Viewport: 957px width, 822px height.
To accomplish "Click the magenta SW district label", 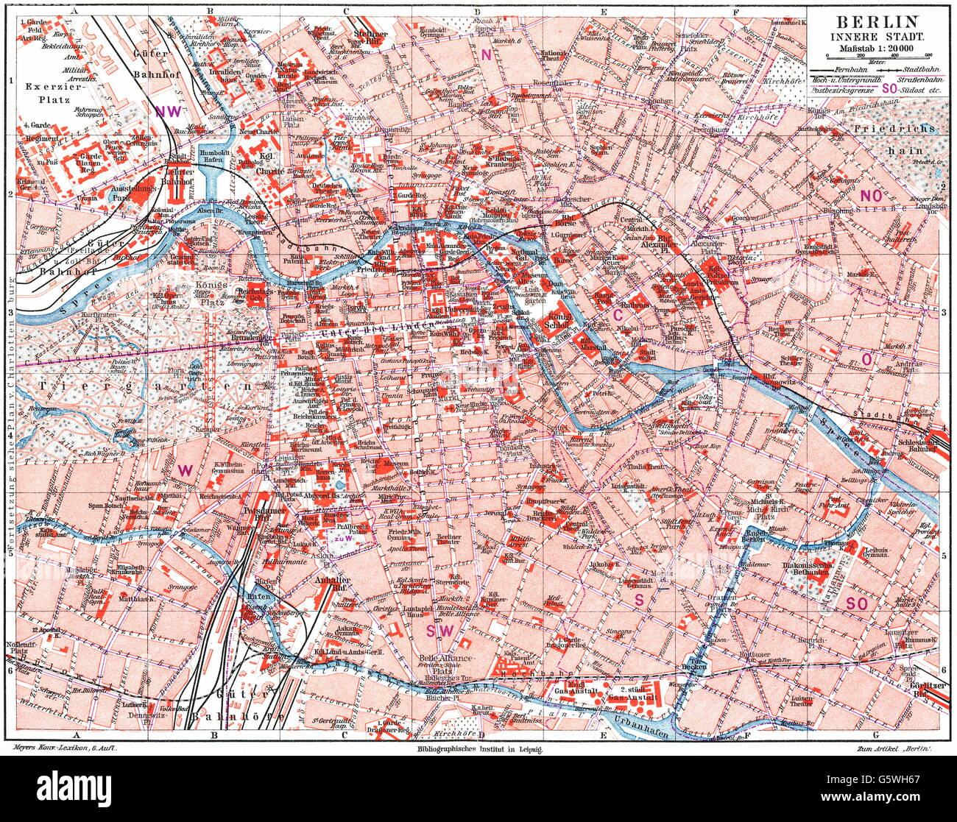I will coord(440,631).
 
